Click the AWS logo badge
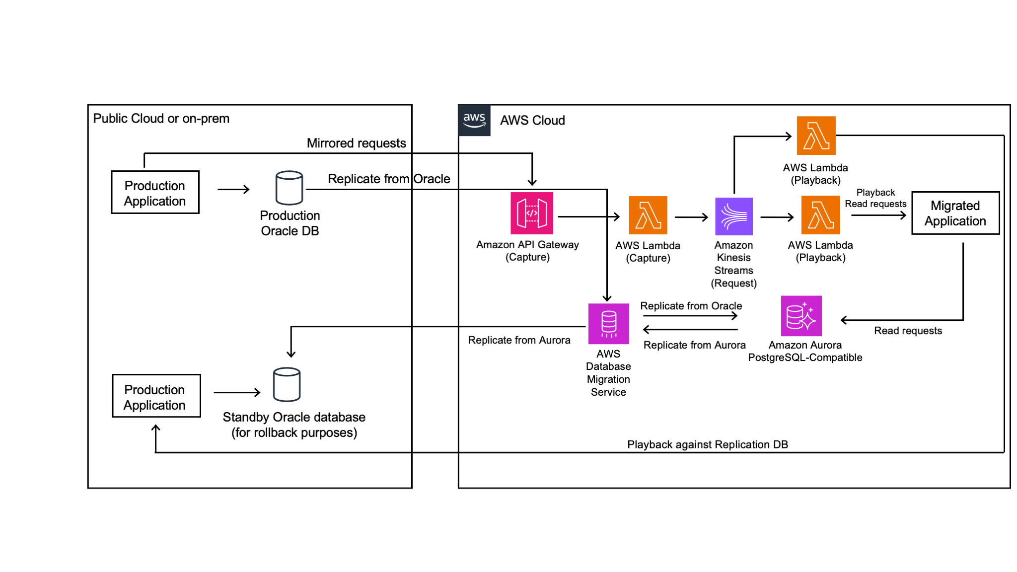click(474, 120)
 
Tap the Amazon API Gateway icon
click(531, 214)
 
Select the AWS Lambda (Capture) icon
click(648, 215)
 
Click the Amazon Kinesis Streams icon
click(733, 216)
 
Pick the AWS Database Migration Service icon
click(608, 324)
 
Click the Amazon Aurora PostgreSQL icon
click(801, 316)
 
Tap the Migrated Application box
click(955, 214)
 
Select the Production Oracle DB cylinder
click(289, 188)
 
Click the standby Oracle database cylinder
click(287, 384)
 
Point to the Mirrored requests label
click(356, 143)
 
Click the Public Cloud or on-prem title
click(161, 119)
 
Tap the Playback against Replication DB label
click(707, 444)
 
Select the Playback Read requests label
click(875, 198)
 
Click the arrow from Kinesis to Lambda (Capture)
click(691, 217)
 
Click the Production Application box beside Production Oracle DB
click(155, 193)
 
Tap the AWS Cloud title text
click(532, 121)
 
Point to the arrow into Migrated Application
click(878, 215)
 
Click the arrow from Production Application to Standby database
click(236, 393)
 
